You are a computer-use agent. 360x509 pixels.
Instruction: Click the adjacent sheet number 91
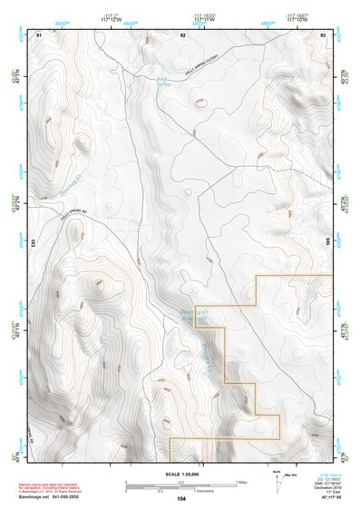coord(39,34)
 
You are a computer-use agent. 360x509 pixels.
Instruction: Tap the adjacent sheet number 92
coord(182,34)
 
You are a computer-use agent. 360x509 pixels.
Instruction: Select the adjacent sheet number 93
coord(324,34)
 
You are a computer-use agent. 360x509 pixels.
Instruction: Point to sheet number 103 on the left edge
coord(32,243)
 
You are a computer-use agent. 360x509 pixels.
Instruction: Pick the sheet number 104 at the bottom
coord(181,498)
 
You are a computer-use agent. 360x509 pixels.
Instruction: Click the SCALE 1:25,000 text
coord(180,473)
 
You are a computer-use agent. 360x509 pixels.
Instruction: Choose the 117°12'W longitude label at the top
coord(111,17)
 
